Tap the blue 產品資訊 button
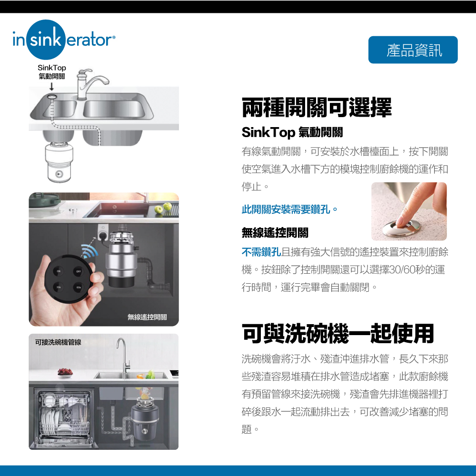point(413,50)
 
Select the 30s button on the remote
point(59,288)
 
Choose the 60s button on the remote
point(77,288)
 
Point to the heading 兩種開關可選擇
point(317,108)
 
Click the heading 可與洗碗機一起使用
point(338,333)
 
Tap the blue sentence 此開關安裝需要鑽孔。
point(290,209)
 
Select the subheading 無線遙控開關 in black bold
point(275,233)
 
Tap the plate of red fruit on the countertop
point(65,372)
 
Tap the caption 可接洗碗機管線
point(58,342)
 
